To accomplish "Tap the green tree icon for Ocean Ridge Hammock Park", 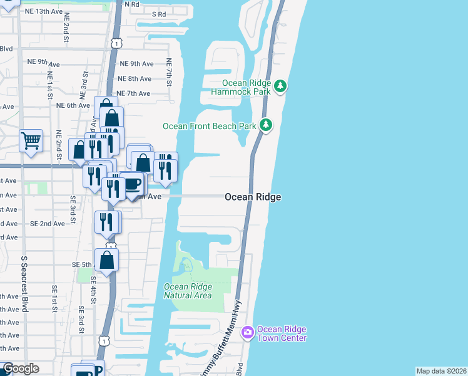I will coord(281,86).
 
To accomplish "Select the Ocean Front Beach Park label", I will coord(210,126).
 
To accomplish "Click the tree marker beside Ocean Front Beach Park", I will coord(266,125).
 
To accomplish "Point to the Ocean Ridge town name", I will coord(253,197).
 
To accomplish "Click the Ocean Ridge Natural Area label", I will coord(188,291).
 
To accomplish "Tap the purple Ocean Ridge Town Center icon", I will coord(248,332).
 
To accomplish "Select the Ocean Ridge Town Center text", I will coord(282,334).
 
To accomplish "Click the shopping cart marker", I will coord(31,140).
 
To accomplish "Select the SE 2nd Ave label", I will coord(47,224).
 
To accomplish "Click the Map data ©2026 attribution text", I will coord(441,371).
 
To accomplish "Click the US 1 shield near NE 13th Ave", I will coord(116,43).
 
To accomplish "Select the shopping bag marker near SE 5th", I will coord(107,260).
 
